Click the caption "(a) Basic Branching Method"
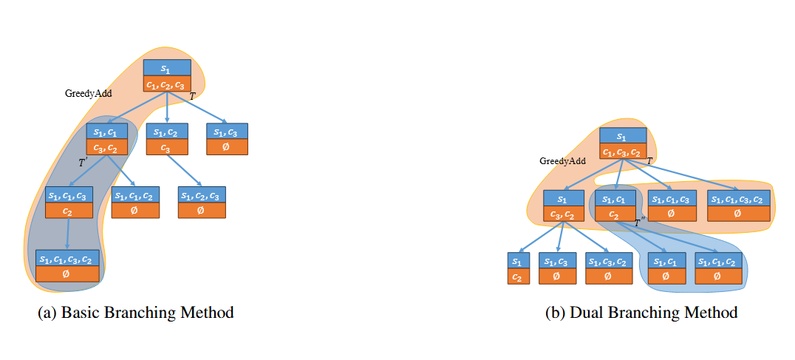click(135, 313)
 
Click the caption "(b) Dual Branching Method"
click(641, 313)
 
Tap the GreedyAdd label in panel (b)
click(562, 160)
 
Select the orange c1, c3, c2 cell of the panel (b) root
click(622, 152)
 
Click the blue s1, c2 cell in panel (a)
click(166, 132)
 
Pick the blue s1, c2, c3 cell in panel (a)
click(202, 195)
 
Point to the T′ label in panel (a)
click(83, 163)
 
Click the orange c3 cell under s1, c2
click(166, 148)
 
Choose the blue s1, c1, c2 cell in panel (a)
click(135, 195)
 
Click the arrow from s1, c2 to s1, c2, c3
click(185, 171)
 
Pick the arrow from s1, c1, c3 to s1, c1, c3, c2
click(68, 234)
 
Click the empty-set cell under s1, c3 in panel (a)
click(227, 148)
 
